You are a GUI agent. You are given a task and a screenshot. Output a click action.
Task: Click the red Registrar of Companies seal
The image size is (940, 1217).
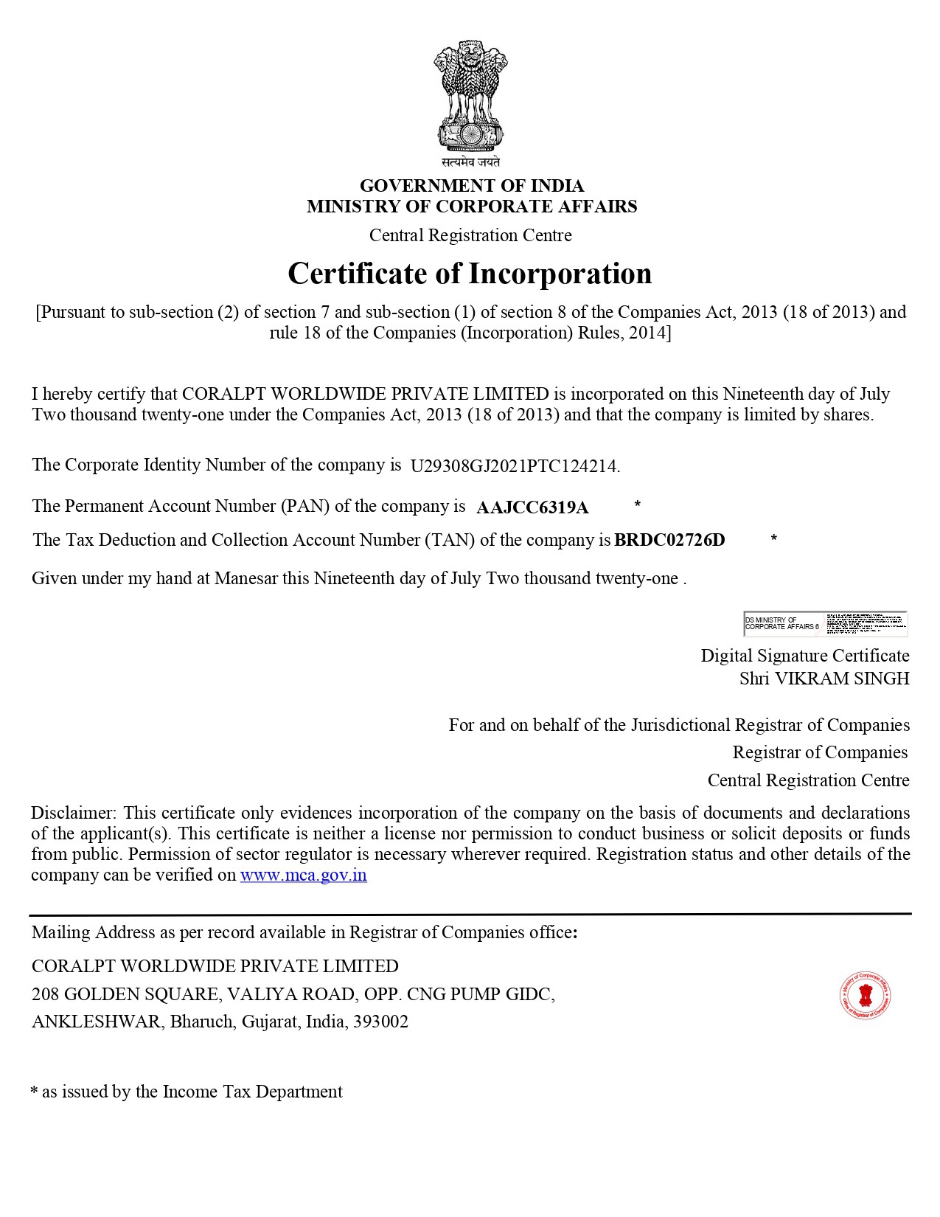(x=866, y=996)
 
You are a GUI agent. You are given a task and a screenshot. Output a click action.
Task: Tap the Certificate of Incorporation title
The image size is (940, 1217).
(x=470, y=274)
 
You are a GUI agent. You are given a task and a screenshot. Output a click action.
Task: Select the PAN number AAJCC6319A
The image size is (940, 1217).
(x=532, y=507)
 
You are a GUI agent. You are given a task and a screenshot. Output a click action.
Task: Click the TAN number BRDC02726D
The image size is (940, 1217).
(x=669, y=540)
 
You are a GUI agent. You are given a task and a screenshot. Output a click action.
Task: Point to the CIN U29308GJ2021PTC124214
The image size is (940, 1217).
(x=515, y=466)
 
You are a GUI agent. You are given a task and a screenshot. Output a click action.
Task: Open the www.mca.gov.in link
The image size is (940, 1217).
(x=303, y=876)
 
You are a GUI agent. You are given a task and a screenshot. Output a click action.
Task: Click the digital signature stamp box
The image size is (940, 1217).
(x=825, y=623)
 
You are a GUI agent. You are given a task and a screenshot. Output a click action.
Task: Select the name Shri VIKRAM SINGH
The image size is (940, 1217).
(x=824, y=679)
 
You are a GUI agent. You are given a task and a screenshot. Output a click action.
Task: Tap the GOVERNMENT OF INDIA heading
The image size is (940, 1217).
(x=471, y=185)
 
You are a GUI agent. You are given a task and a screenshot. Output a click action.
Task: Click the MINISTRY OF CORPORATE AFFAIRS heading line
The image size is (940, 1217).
(x=471, y=207)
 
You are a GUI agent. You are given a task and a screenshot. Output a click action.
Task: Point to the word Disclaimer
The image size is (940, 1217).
(x=72, y=813)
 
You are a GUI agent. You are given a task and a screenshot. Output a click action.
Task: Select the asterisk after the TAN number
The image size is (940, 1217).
(x=773, y=540)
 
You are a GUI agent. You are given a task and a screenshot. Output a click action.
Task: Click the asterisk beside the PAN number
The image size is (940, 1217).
(x=637, y=505)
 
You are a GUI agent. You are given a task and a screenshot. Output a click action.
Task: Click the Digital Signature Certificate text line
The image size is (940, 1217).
(x=804, y=656)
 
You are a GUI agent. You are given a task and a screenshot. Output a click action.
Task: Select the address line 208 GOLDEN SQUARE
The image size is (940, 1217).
(x=293, y=994)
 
